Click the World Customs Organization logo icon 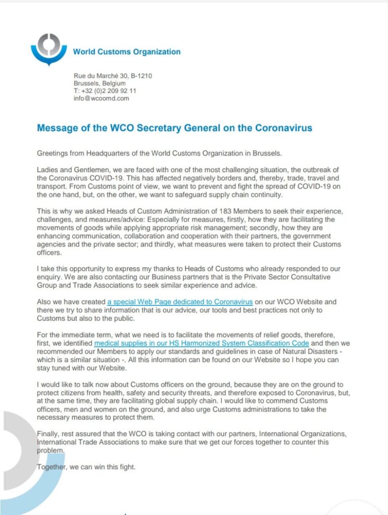coord(48,49)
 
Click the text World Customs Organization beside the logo coord(126,51)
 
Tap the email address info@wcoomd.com coord(101,98)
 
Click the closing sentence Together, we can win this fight coord(86,467)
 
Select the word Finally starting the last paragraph coord(48,434)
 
